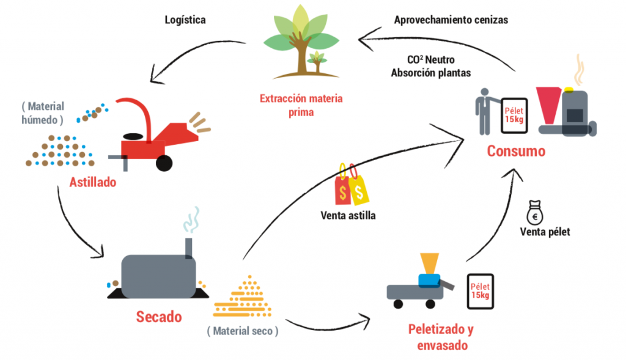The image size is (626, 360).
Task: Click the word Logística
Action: pos(185,20)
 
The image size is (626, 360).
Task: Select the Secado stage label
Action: pos(158,317)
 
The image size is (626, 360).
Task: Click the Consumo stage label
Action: pos(516,150)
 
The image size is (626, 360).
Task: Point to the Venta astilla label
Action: pos(348,215)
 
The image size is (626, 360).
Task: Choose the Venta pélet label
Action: pos(545,232)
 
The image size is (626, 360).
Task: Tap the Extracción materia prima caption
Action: pos(301,105)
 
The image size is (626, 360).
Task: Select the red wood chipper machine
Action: pos(150,131)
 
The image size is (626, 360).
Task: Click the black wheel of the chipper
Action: pos(164,162)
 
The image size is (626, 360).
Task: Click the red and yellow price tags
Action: pos(351,185)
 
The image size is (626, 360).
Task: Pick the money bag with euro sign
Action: pos(534,214)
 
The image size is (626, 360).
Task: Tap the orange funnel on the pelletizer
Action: pos(430,262)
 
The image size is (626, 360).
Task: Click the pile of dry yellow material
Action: pos(243,298)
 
